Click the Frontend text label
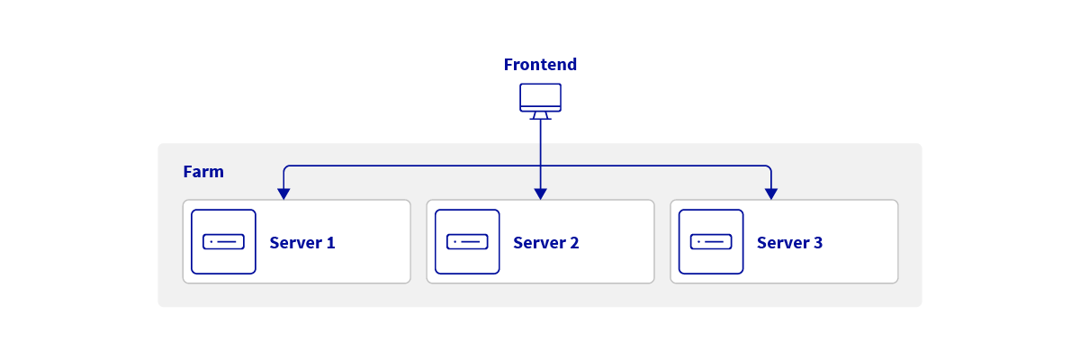(540, 65)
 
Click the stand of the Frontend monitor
(540, 115)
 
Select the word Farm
(203, 172)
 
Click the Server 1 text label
(302, 243)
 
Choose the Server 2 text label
(546, 243)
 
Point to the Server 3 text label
(790, 243)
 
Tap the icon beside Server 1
(223, 242)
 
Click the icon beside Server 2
(467, 242)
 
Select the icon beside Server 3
(711, 242)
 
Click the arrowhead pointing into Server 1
(283, 193)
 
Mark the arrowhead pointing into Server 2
(540, 193)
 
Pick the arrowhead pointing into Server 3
(770, 193)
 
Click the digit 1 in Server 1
(330, 243)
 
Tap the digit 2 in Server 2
(574, 243)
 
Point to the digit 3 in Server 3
(818, 243)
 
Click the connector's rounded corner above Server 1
(285, 167)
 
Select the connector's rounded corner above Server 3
(769, 167)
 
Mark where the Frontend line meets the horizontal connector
(540, 166)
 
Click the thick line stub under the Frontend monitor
(540, 131)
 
